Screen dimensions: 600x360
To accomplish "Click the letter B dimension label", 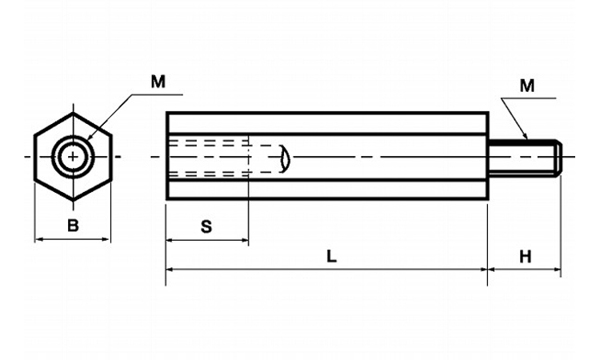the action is point(73,226).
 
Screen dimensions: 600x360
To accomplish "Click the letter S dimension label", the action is point(206,226).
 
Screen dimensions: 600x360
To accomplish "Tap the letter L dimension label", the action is point(331,256).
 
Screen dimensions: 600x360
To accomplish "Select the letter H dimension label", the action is point(526,256).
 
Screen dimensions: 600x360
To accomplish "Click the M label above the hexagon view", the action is point(158,82).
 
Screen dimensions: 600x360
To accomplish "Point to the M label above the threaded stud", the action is point(527,86).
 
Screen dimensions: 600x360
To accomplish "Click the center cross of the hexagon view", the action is point(73,157).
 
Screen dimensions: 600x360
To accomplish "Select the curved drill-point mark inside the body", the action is point(286,158).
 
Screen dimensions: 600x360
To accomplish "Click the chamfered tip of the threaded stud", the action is point(558,158).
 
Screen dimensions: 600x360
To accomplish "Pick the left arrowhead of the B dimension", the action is point(38,239).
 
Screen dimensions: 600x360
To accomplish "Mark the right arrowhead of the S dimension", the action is point(245,240).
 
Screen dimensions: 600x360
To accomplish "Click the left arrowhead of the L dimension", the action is point(170,270).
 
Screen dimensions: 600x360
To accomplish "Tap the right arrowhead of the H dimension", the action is point(557,270).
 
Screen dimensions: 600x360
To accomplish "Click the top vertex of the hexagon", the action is point(73,114).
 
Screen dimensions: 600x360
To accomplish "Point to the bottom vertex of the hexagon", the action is point(73,200).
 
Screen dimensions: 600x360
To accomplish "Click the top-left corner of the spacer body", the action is point(167,113).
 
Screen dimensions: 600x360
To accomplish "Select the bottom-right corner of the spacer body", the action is point(488,199).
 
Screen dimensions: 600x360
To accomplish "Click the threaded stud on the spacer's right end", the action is point(525,158).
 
